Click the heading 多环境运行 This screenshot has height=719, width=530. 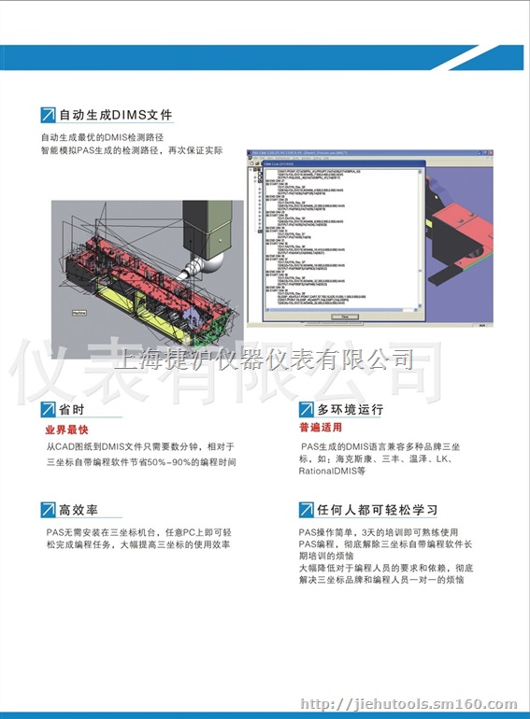[351, 410]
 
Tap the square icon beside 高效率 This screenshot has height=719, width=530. [48, 510]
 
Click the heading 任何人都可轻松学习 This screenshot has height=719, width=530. [378, 510]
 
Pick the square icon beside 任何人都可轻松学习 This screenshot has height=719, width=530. [306, 510]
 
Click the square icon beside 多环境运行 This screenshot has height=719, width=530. [306, 410]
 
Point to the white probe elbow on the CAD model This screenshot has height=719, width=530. [198, 264]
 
